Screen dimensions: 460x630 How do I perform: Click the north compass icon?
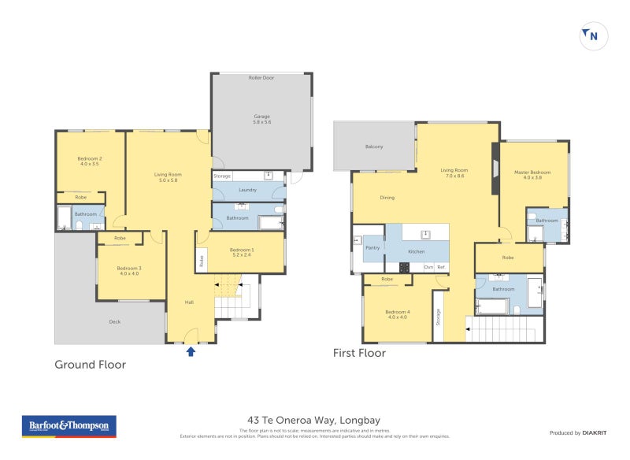click(x=594, y=35)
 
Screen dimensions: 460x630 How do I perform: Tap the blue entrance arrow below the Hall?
click(x=191, y=351)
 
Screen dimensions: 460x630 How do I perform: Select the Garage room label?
click(x=261, y=117)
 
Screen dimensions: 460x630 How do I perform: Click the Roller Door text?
click(x=261, y=78)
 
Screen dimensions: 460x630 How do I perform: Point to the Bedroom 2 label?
click(x=90, y=159)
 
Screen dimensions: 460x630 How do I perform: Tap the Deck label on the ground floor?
click(x=114, y=321)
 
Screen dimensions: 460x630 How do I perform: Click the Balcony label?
click(x=374, y=147)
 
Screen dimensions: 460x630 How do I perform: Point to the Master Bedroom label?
click(x=533, y=172)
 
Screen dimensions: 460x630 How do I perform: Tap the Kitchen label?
click(x=417, y=251)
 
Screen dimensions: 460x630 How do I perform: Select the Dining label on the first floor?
click(x=387, y=198)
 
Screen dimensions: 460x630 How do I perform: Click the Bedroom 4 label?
click(x=396, y=313)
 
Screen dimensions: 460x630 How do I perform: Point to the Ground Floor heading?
click(x=90, y=365)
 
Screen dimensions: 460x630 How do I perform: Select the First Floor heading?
click(x=359, y=354)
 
